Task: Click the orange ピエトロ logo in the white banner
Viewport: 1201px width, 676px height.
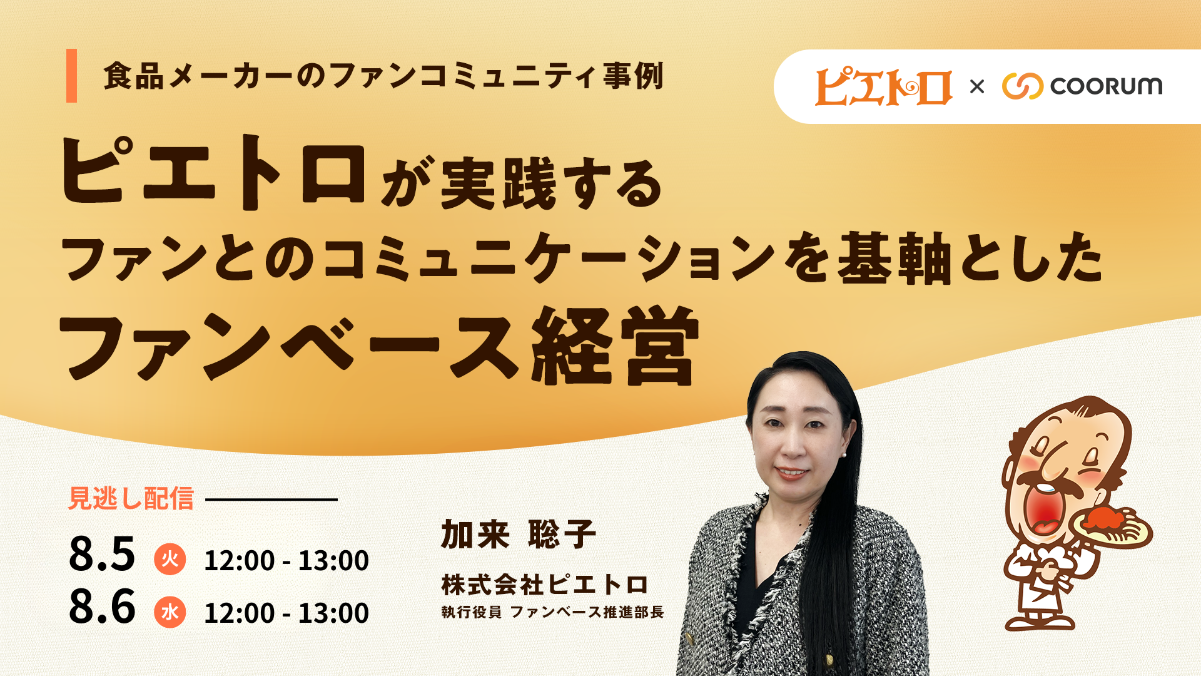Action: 883,86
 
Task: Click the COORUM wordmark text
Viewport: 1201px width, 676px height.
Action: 1106,86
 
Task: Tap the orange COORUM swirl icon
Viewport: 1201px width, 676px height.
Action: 1023,86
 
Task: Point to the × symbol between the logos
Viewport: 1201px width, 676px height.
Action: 976,86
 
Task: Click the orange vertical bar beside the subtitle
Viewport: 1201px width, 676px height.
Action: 71,75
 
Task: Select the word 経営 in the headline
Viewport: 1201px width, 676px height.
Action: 614,346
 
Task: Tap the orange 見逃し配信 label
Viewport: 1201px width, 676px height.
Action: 131,499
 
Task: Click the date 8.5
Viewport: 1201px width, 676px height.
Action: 102,554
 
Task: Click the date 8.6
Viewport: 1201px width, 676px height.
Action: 102,607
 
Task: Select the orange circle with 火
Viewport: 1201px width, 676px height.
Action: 170,559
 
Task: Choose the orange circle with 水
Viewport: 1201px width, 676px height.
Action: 170,612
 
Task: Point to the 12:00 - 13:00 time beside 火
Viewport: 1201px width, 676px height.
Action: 286,560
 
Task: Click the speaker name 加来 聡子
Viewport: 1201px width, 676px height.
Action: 519,535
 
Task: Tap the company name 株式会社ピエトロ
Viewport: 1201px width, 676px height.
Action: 545,585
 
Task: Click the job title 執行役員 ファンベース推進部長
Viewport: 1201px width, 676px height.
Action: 552,612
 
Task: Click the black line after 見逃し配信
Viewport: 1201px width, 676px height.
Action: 271,499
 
